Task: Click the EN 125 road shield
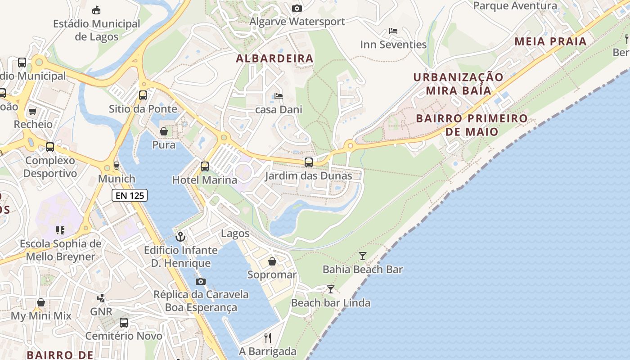[130, 195]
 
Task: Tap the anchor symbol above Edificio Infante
[180, 236]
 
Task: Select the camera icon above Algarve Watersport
[297, 8]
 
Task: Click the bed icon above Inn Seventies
[393, 31]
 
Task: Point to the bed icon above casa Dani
[279, 96]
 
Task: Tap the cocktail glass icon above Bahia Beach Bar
[363, 256]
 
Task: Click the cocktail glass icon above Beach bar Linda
[331, 289]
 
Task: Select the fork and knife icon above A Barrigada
[268, 337]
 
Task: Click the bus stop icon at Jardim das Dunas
[309, 162]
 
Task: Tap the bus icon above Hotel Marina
[205, 166]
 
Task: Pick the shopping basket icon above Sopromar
[272, 261]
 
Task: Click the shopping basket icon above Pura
[164, 131]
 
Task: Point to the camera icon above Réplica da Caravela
[201, 281]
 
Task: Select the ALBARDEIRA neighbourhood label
[274, 58]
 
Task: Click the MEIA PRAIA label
[550, 42]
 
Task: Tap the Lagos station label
[235, 233]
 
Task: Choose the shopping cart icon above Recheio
[32, 111]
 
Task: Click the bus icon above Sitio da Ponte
[143, 95]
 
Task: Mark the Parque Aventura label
[515, 6]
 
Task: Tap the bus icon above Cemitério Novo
[124, 322]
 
